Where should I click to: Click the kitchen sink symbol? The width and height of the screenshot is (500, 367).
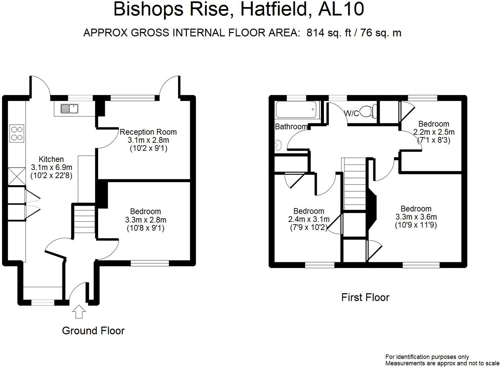coord(70,108)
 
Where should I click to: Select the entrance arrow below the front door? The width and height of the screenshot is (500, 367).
coord(79,311)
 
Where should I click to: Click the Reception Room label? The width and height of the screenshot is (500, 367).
coord(148,132)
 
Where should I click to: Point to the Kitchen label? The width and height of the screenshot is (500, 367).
coord(51,159)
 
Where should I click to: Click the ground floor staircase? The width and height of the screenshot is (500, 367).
coord(84,220)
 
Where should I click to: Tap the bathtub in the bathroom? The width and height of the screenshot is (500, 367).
coord(296,109)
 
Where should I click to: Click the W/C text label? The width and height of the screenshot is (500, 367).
coord(351,113)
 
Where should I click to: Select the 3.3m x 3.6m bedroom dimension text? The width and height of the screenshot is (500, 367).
coord(416,217)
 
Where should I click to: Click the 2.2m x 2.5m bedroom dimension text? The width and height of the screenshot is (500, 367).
coord(433,132)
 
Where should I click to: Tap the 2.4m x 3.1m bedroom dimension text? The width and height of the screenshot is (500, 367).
coord(309,220)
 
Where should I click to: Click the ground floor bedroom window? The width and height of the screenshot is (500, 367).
coord(150,263)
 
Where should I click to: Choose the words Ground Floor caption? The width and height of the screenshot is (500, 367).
coord(93,331)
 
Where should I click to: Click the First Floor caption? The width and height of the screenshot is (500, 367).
coord(365,297)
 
